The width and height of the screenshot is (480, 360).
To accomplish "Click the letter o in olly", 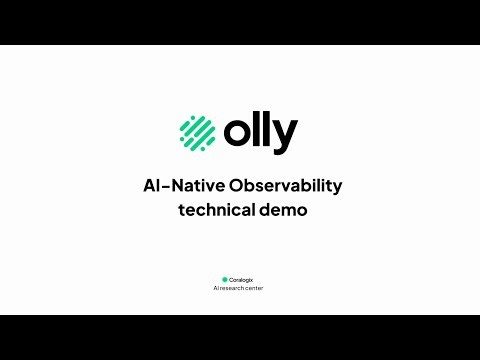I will pos(237,133).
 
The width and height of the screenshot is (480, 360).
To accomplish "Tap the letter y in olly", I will pos(284,137).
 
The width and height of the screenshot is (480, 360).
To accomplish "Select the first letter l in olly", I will pos(256,131).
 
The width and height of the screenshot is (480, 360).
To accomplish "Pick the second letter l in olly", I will pos(266,131).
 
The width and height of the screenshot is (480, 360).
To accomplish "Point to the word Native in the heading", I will pos(200,186).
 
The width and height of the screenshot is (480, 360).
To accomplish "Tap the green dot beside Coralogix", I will pos(225,279).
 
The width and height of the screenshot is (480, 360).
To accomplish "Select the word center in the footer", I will pos(256,288).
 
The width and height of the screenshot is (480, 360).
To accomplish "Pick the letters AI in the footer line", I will pos(217,288).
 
